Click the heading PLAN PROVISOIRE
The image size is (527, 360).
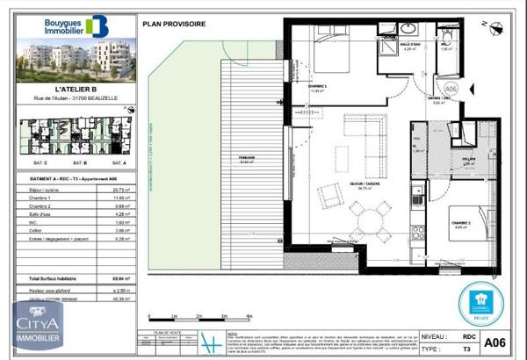pyautogui.click(x=181, y=24)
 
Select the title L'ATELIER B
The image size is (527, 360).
pyautogui.click(x=76, y=88)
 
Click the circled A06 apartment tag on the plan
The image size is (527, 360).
pyautogui.click(x=452, y=88)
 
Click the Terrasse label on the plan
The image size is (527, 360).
pyautogui.click(x=247, y=157)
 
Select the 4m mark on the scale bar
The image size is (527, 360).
pyautogui.click(x=251, y=314)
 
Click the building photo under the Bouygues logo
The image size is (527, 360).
pyautogui.click(x=76, y=58)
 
